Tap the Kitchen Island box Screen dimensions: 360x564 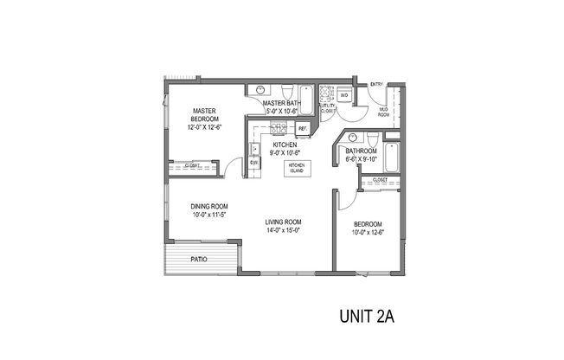[x=297, y=167]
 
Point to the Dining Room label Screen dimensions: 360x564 [x=208, y=206]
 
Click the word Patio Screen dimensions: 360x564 [x=199, y=258]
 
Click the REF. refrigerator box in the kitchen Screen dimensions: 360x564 [x=303, y=128]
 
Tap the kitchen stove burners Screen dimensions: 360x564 [x=279, y=129]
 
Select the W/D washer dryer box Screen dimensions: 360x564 [x=343, y=95]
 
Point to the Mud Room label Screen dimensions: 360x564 [x=383, y=112]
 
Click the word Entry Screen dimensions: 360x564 [x=376, y=84]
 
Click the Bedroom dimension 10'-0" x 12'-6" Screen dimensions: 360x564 [x=368, y=232]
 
